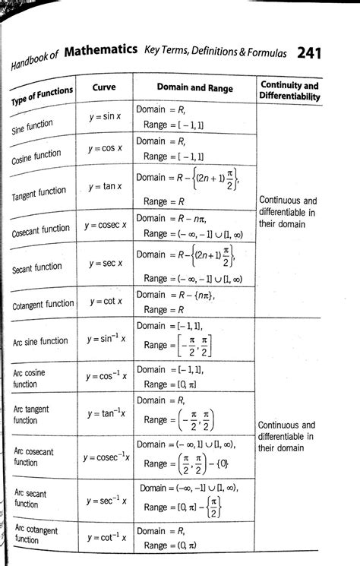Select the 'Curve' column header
[x=104, y=87]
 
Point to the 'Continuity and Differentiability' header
[x=289, y=91]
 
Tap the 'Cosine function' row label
[x=36, y=157]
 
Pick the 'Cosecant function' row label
[x=41, y=230]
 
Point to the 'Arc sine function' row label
[x=40, y=341]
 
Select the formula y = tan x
[x=106, y=186]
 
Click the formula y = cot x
[x=106, y=302]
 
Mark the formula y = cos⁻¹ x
[x=106, y=376]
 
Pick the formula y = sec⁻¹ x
[x=106, y=501]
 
